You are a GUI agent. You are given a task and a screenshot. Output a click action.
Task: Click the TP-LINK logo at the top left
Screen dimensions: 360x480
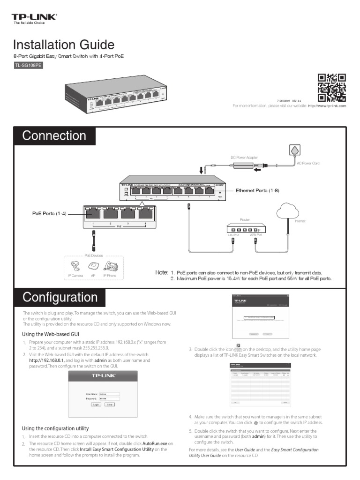point(34,18)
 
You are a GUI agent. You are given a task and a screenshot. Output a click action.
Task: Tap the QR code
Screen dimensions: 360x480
point(331,87)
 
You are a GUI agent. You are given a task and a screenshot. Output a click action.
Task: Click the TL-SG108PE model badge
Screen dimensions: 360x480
point(29,66)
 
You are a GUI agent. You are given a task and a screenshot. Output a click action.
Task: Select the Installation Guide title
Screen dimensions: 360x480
point(64,45)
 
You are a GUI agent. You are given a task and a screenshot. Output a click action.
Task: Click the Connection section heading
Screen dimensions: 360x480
point(54,136)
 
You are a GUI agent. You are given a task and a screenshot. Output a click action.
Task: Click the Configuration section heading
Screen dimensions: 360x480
point(60,298)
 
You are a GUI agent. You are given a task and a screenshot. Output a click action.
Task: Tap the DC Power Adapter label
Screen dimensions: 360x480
point(244,157)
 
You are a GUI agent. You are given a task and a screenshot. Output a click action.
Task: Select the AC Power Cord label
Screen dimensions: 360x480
point(308,163)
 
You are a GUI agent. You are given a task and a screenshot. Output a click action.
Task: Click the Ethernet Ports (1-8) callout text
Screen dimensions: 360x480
point(257,190)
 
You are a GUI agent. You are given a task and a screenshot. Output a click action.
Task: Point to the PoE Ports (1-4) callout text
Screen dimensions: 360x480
point(49,214)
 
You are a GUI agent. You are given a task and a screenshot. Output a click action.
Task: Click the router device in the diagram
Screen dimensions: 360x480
point(245,229)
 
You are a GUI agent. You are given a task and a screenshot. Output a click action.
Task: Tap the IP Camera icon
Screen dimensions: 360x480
point(75,266)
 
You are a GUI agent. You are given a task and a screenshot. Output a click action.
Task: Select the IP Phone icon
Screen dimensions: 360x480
point(111,266)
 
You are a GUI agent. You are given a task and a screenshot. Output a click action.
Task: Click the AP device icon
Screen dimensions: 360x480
point(93,266)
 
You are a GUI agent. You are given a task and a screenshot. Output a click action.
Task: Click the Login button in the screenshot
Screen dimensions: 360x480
point(96,404)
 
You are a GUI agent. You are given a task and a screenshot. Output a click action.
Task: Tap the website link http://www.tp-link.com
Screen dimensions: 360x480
point(327,106)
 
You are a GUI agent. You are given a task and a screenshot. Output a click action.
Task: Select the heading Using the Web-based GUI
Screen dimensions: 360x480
point(51,334)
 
